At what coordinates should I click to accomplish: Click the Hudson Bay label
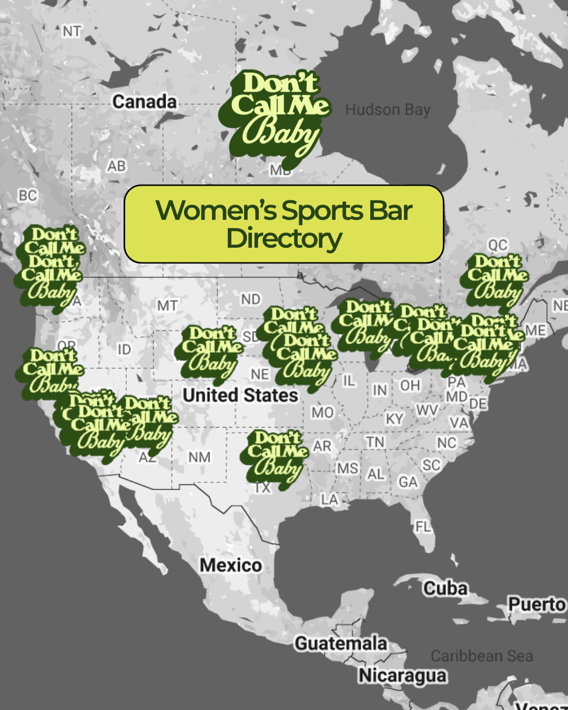click(x=388, y=109)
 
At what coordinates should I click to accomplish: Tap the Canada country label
click(x=145, y=102)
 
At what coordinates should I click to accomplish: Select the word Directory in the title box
click(x=284, y=238)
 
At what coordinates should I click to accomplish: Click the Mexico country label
click(x=230, y=565)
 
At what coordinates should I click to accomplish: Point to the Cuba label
click(x=445, y=588)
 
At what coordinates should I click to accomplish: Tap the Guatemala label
click(x=341, y=643)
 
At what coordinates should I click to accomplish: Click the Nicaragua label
click(x=402, y=676)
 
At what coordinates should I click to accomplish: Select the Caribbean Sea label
click(x=482, y=656)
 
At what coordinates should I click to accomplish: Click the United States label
click(x=240, y=395)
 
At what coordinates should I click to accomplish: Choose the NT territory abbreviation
click(x=72, y=32)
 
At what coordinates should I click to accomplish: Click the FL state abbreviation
click(x=423, y=526)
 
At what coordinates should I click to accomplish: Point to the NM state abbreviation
click(x=199, y=457)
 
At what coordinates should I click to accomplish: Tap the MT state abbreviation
click(x=167, y=306)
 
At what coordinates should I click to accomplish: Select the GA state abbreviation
click(x=408, y=482)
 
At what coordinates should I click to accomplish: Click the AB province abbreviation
click(x=117, y=166)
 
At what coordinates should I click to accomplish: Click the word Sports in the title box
click(x=322, y=211)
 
